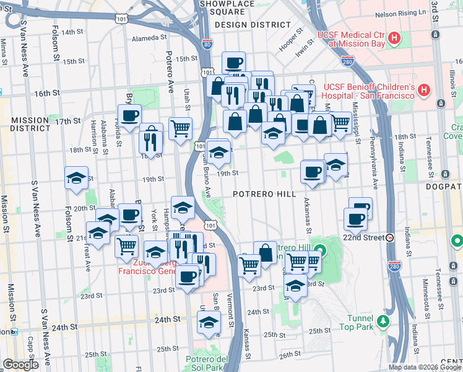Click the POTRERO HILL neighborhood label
[264, 194]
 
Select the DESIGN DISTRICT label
[253, 25]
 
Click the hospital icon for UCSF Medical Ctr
[394, 40]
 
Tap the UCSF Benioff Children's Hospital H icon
[423, 91]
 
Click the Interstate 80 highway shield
[207, 44]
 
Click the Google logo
[20, 365]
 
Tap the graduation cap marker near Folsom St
[76, 177]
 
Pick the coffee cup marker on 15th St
[233, 62]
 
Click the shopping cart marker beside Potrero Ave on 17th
[180, 128]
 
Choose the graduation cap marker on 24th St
[209, 322]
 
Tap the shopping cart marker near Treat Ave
[126, 246]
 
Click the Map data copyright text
[425, 367]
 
